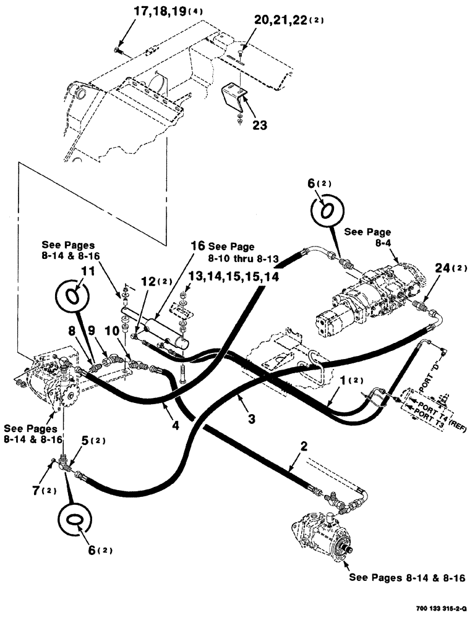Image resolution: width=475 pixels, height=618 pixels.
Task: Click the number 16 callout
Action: [197, 247]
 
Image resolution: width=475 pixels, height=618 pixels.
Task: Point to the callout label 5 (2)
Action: [91, 441]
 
